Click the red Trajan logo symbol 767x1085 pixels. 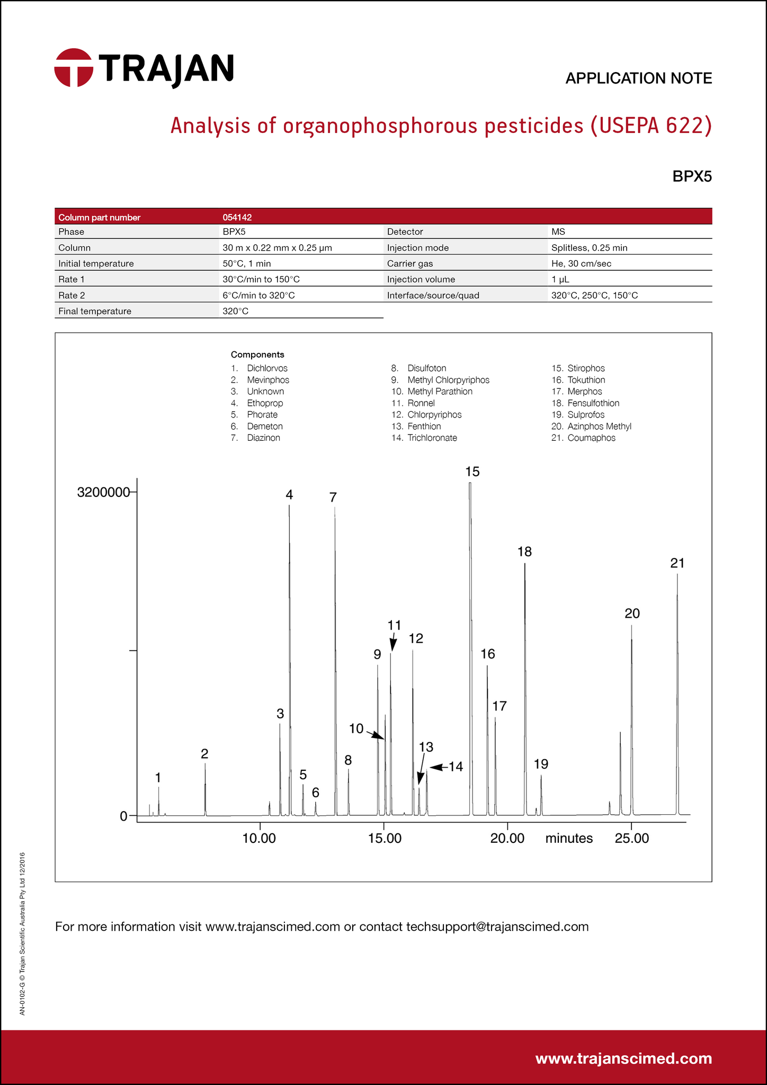click(x=74, y=68)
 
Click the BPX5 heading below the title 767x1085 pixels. click(x=692, y=176)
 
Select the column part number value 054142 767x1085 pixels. click(x=237, y=217)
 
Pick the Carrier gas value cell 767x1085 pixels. click(x=581, y=263)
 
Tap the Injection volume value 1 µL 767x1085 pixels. click(x=560, y=279)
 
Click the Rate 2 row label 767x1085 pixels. click(x=72, y=295)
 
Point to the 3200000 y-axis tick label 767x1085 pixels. click(x=103, y=492)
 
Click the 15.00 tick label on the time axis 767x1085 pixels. click(x=385, y=839)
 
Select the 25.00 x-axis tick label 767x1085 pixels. click(x=632, y=839)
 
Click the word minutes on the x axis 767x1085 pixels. click(x=569, y=838)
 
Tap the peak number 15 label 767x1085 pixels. click(x=472, y=472)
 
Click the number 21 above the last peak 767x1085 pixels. click(x=677, y=563)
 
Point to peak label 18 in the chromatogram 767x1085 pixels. click(x=524, y=552)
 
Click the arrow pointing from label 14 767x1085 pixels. click(x=438, y=767)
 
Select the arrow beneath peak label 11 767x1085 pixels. click(x=393, y=642)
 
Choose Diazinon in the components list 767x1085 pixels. click(x=263, y=438)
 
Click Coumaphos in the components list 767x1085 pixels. click(x=591, y=438)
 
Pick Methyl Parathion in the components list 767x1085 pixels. click(x=440, y=391)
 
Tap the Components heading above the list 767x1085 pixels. click(x=257, y=354)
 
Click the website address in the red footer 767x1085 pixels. click(x=623, y=1058)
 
